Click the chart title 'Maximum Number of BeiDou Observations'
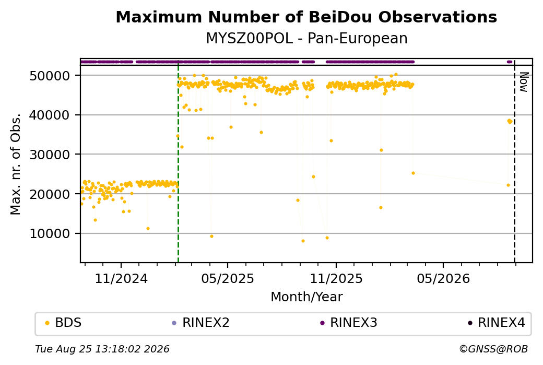pyautogui.click(x=306, y=17)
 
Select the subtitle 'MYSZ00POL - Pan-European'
pyautogui.click(x=306, y=39)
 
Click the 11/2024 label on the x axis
pyautogui.click(x=121, y=278)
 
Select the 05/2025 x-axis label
pyautogui.click(x=228, y=278)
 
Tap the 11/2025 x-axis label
pyautogui.click(x=336, y=278)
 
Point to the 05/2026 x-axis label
pyautogui.click(x=443, y=278)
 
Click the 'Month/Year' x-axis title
pyautogui.click(x=306, y=297)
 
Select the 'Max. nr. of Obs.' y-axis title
pyautogui.click(x=16, y=164)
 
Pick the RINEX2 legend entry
pyautogui.click(x=201, y=323)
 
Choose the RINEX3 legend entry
pyautogui.click(x=348, y=323)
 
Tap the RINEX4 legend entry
pyautogui.click(x=496, y=323)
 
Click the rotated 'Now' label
pyautogui.click(x=524, y=82)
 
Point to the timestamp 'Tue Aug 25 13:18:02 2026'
pyautogui.click(x=102, y=349)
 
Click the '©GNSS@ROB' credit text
pyautogui.click(x=493, y=349)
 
